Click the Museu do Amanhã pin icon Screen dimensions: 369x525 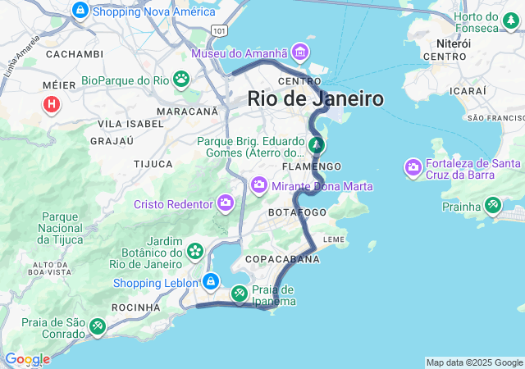[x=300, y=53]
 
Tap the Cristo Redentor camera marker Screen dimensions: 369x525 [x=226, y=203]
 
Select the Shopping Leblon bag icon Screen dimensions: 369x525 [x=211, y=282]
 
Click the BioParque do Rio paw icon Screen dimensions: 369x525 [x=180, y=80]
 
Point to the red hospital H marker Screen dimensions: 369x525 [x=52, y=104]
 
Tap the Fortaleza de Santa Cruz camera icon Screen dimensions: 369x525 [x=413, y=169]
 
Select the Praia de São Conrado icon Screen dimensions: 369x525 [x=98, y=327]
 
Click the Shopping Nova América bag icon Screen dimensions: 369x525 [x=80, y=11]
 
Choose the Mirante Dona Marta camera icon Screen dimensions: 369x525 [x=260, y=186]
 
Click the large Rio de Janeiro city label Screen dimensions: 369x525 [x=316, y=99]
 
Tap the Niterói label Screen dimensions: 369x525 [x=454, y=43]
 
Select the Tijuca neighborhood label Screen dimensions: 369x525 [x=153, y=164]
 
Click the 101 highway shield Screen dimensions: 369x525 [x=218, y=30]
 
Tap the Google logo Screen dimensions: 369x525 [x=27, y=359]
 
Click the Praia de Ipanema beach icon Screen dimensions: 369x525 [x=239, y=292]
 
